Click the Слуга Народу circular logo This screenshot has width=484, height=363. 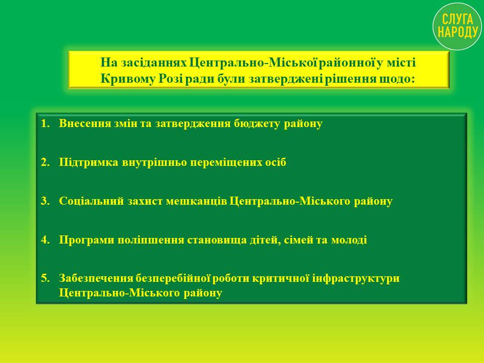point(457,26)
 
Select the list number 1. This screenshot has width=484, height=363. point(45,124)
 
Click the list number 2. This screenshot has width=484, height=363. point(45,162)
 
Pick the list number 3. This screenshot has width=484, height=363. point(45,201)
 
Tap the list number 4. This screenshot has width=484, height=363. point(45,240)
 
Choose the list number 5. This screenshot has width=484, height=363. point(45,278)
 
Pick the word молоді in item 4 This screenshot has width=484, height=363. point(349,240)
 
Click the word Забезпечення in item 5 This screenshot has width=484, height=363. point(96,278)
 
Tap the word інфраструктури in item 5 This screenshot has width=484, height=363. point(356,279)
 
